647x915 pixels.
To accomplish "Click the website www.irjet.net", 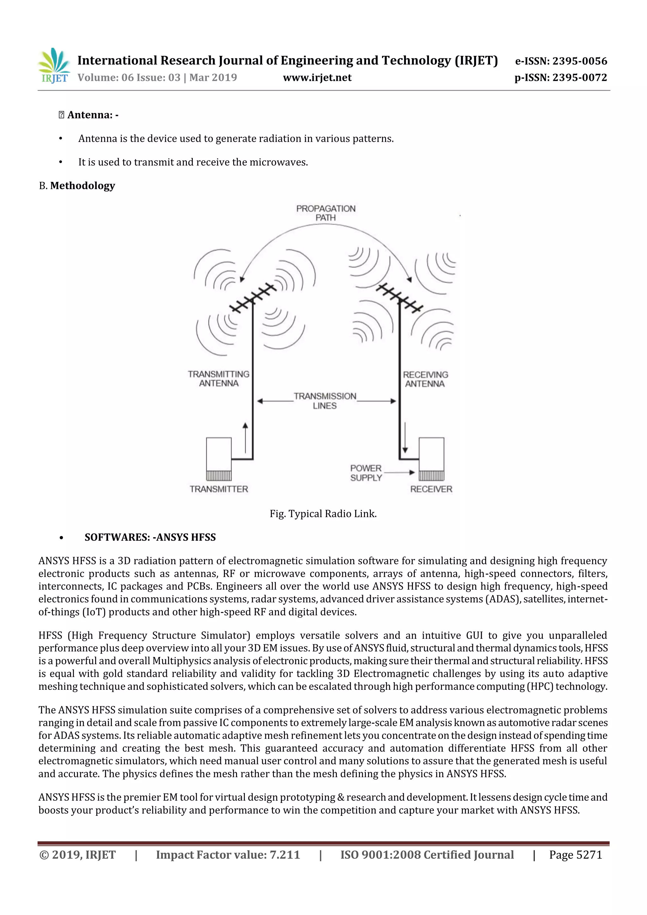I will pos(317,77).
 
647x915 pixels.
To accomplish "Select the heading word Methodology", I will pos(82,186).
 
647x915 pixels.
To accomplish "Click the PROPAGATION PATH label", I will pos(326,213).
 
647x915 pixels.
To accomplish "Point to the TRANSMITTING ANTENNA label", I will pos(218,379).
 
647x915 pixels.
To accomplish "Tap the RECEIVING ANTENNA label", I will pos(425,379).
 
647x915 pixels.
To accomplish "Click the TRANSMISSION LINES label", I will pos(325,400).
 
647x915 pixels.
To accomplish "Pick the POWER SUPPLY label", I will pos(366,473).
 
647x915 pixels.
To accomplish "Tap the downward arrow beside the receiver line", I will pos(405,437).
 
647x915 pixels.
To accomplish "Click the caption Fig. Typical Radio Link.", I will pos(323,514).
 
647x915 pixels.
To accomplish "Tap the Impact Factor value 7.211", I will pos(285,854).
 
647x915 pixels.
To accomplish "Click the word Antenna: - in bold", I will pos(93,115).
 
